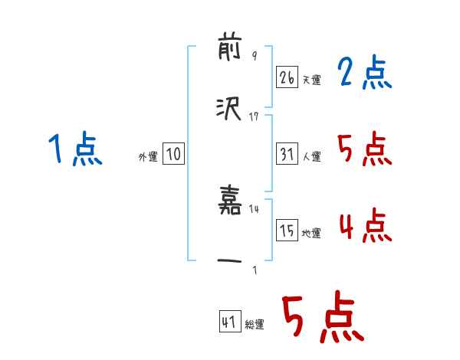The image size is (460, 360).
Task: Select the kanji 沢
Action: point(230,110)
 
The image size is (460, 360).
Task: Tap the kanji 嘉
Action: point(230,203)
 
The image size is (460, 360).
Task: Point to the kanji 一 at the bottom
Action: point(230,263)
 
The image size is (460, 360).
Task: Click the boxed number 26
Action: point(287,77)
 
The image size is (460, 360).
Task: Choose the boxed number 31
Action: point(287,154)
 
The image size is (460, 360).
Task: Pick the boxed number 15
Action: point(287,231)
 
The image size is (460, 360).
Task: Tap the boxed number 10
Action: point(173,155)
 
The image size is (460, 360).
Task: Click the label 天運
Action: point(311,80)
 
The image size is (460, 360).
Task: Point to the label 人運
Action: point(311,156)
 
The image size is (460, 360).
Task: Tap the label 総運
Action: point(254,324)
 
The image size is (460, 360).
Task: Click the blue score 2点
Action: point(364,74)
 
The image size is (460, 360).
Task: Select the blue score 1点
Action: point(75,149)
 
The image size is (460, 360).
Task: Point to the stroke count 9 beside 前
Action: point(254,56)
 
